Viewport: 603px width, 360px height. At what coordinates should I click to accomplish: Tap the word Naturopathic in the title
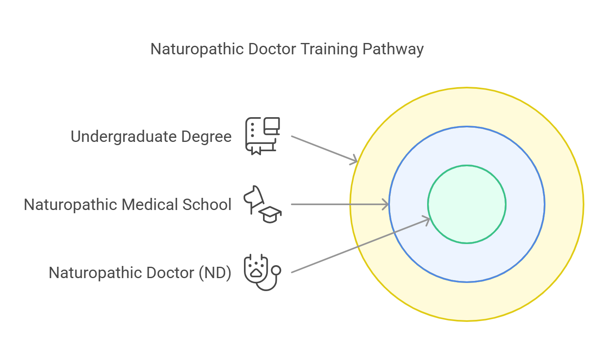tap(197, 49)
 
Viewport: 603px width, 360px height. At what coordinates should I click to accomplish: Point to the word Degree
tap(206, 137)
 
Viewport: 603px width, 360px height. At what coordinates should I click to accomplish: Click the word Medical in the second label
tap(150, 205)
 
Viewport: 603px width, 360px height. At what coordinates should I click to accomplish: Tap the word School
tap(207, 205)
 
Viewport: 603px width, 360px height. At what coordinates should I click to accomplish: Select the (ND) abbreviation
tap(215, 273)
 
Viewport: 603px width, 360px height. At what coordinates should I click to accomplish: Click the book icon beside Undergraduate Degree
tap(262, 136)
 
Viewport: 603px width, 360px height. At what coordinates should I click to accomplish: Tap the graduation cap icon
tap(270, 214)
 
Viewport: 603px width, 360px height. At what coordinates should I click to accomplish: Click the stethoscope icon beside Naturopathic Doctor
tap(262, 272)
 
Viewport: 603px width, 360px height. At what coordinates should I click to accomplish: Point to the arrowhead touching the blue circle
tap(386, 204)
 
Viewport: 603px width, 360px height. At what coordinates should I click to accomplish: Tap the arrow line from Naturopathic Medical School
tap(336, 204)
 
